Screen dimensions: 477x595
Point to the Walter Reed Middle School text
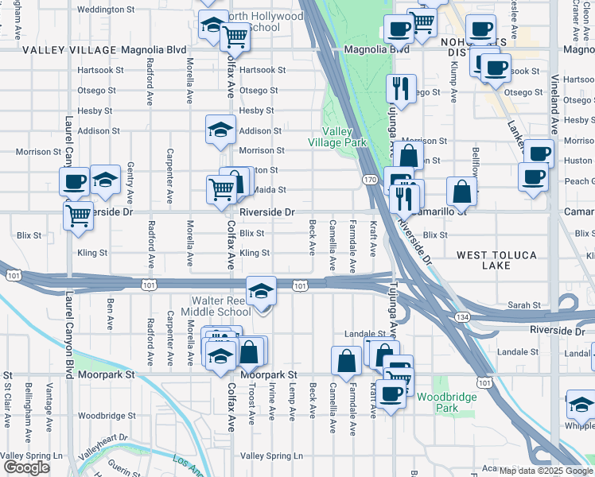coord(222,307)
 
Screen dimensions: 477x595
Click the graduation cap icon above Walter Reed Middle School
coord(261,292)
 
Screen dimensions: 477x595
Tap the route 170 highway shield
coord(368,180)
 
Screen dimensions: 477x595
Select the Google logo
coord(26,467)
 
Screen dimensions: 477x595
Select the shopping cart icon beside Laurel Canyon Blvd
coord(78,215)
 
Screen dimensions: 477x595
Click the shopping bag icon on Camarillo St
coord(461,192)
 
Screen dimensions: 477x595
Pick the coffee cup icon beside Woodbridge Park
coord(390,394)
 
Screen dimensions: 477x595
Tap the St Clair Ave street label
coord(8,397)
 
